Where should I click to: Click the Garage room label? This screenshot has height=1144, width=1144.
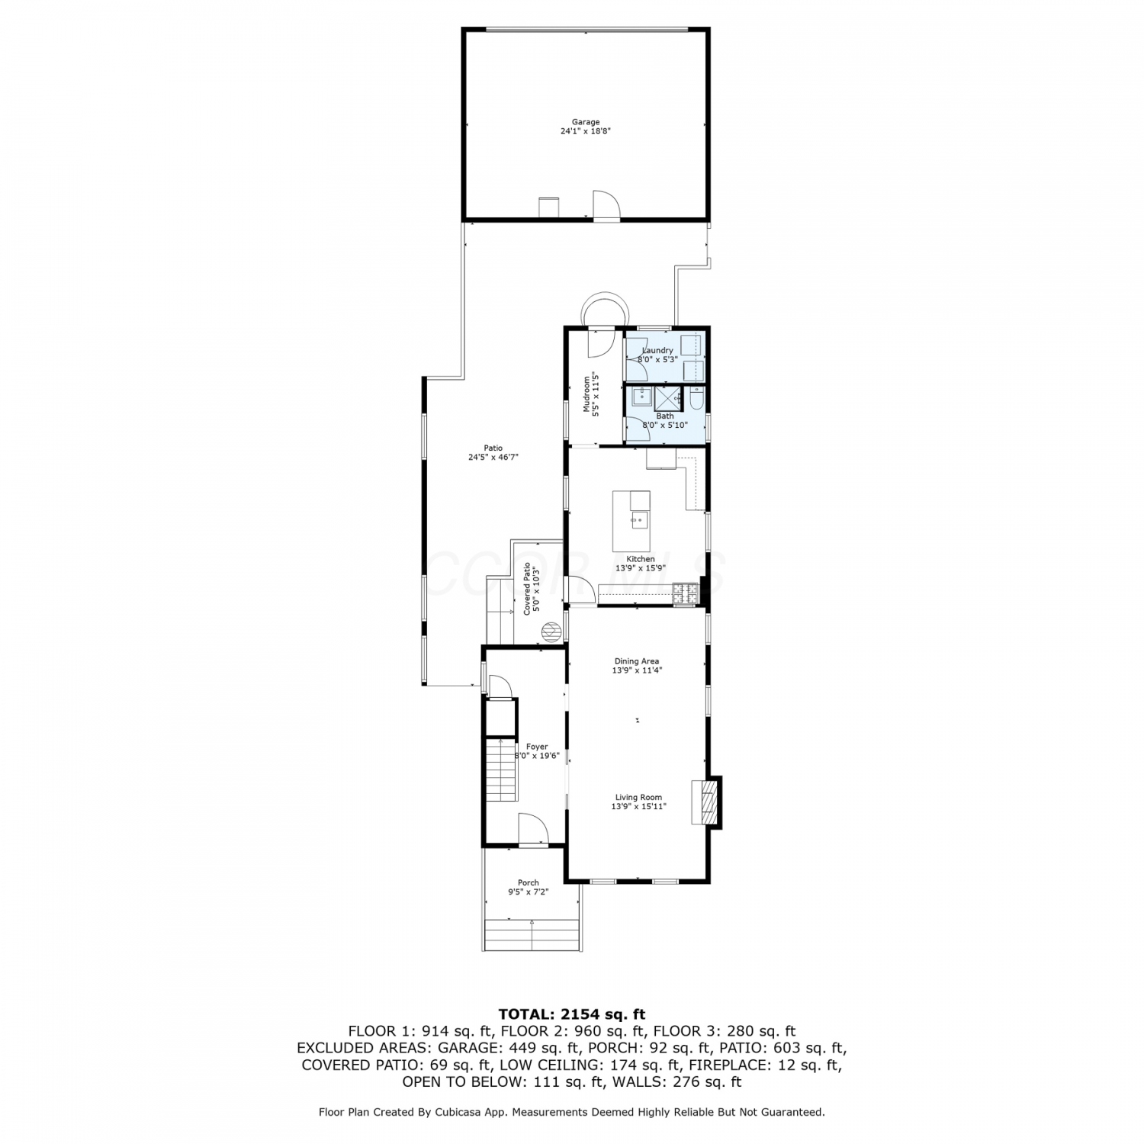[x=586, y=122]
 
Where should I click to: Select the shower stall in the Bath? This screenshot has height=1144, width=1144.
[x=668, y=399]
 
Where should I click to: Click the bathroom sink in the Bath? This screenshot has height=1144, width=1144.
[x=641, y=397]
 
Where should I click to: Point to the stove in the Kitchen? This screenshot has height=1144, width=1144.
[x=686, y=593]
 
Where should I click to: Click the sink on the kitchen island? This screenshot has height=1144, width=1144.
[x=639, y=520]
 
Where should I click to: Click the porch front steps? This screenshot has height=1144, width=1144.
[x=532, y=934]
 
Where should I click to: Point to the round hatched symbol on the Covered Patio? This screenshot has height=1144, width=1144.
[x=551, y=631]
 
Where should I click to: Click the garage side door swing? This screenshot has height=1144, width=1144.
[x=607, y=204]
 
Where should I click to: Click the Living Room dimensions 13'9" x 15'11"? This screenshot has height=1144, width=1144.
[x=639, y=806]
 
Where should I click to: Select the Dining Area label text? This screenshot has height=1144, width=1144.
[x=637, y=661]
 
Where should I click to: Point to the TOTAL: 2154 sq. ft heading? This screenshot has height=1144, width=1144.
[x=571, y=1014]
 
